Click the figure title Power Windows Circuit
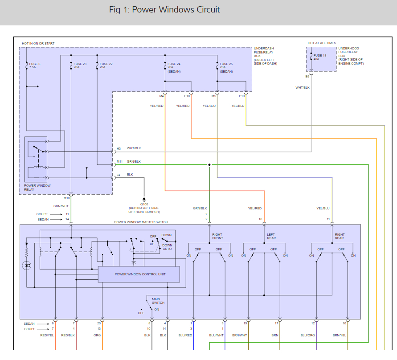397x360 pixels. pos(164,10)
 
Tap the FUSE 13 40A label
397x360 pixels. pos(320,57)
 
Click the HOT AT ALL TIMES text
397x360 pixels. pos(322,43)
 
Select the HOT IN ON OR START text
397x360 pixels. pos(38,44)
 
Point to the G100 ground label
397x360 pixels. pos(143,204)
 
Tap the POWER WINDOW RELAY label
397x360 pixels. pos(37,188)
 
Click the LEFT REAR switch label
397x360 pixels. pos(271,237)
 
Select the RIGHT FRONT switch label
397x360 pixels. pos(217,237)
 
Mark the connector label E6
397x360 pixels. pos(307,76)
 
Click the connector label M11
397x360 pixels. pos(119,161)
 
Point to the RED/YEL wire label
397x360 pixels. pos(47,335)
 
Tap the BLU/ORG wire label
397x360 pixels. pos(308,335)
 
